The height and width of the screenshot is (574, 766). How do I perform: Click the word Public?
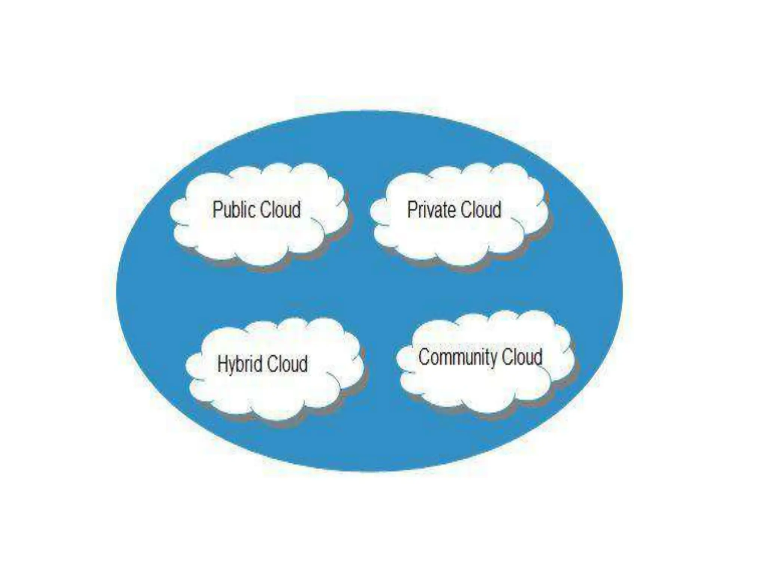coord(234,210)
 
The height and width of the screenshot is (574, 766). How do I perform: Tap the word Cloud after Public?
coord(280,210)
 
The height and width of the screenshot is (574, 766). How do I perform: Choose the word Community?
coord(458,357)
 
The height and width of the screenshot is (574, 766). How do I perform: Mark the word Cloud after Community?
coord(522,357)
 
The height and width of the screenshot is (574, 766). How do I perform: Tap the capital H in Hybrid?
coord(222,364)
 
